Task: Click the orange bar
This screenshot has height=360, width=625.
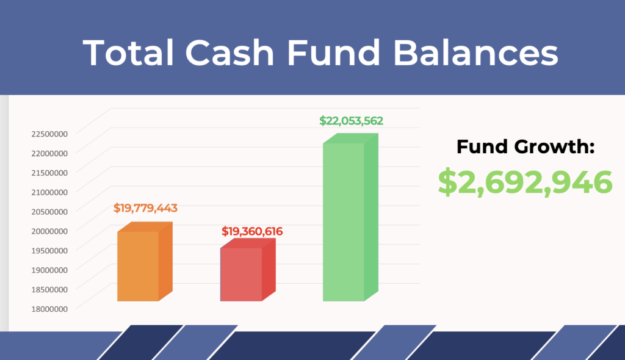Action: (x=139, y=266)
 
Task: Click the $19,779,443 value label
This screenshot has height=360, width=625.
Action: (x=145, y=208)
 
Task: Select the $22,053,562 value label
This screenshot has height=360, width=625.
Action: (x=352, y=121)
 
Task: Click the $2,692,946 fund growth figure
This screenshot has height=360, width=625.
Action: (x=526, y=182)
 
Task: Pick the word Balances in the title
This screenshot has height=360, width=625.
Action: (x=475, y=53)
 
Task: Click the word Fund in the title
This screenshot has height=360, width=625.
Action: (x=337, y=53)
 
